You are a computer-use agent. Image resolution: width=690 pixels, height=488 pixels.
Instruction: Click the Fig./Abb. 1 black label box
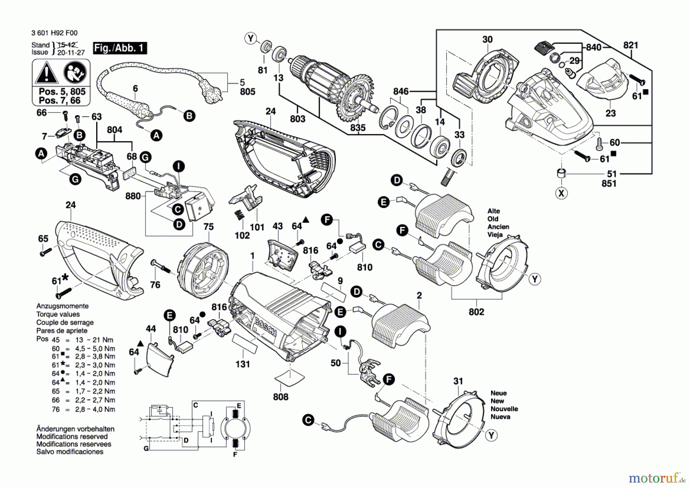point(120,48)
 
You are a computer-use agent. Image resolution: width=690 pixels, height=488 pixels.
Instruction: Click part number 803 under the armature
point(297,119)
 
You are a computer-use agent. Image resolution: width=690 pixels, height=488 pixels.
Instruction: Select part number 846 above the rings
point(401,91)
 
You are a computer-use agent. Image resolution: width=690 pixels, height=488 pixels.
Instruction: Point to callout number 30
point(487,40)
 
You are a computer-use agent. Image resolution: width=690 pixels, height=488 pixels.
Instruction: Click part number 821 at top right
point(631,45)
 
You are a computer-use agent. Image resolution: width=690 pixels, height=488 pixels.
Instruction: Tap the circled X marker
point(562,193)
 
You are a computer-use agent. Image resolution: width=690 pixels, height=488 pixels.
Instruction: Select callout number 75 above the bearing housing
point(209,227)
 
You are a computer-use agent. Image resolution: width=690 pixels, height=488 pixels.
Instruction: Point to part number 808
point(281,397)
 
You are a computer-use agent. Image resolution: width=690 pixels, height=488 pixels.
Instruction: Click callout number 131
point(243,364)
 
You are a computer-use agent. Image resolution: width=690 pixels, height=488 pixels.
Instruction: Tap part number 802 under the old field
point(476,312)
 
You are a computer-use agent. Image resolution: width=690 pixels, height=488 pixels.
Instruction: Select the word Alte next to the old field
point(493,211)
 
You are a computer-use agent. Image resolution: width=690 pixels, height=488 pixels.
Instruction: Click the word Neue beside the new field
point(498,393)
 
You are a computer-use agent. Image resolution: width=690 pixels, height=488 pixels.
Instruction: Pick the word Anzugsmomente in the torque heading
point(62,306)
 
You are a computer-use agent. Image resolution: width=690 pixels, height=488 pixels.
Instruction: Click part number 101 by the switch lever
point(257,227)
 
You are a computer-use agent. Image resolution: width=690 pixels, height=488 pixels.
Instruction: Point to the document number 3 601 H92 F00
point(54,33)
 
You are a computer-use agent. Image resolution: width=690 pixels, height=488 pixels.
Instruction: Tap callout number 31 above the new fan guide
point(458,381)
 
